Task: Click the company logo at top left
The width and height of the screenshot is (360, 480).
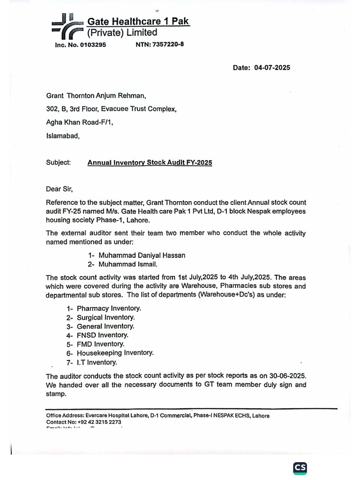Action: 66,27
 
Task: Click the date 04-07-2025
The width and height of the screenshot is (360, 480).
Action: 272,67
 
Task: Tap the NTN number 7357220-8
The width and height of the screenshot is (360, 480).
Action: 168,45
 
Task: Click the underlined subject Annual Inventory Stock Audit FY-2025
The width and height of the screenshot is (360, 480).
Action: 150,163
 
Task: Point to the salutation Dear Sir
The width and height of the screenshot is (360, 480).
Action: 60,189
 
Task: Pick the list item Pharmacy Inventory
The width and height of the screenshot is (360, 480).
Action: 109,308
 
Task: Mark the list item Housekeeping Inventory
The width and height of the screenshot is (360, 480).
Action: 115,353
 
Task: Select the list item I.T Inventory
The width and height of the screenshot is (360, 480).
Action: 97,362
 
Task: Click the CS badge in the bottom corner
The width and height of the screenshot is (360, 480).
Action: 300,468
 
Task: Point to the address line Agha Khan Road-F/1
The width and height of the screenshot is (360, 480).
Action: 80,123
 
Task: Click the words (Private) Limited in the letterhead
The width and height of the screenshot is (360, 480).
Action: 121,32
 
